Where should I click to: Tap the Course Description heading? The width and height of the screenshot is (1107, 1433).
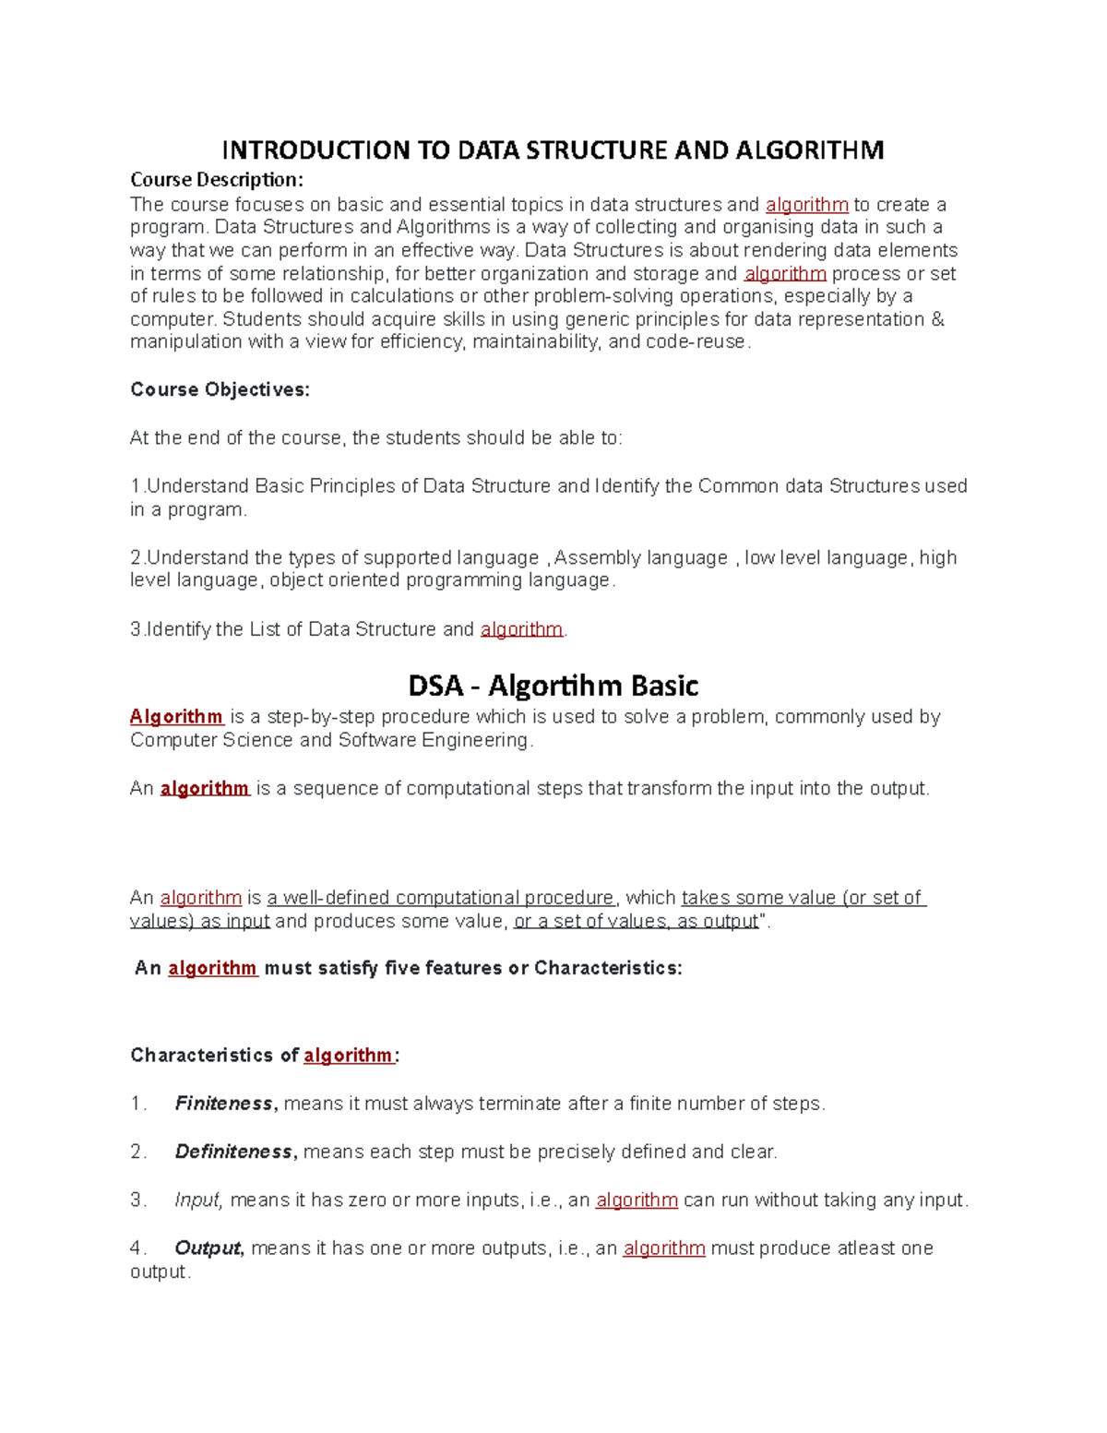click(x=216, y=179)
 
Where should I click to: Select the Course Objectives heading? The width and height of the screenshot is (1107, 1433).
click(x=220, y=389)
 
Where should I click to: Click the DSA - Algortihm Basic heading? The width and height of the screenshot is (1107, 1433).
click(x=553, y=686)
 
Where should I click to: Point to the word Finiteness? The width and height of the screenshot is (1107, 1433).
click(x=223, y=1104)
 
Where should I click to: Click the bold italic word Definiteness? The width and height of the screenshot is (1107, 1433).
click(x=233, y=1152)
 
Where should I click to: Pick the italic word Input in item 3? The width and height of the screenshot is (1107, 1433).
click(x=197, y=1200)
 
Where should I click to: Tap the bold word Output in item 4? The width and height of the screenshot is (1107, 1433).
click(x=208, y=1248)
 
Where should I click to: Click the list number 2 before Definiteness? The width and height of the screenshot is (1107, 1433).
click(x=137, y=1152)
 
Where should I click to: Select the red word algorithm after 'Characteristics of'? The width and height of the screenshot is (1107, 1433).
click(x=348, y=1055)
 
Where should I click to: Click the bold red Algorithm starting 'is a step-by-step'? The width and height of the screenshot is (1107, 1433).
click(x=176, y=717)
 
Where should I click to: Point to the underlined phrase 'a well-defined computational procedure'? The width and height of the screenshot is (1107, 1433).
click(x=440, y=898)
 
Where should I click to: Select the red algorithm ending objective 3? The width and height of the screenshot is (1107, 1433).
click(x=521, y=629)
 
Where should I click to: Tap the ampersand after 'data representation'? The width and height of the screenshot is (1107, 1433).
click(x=938, y=319)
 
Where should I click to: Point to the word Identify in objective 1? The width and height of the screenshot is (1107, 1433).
click(x=627, y=486)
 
